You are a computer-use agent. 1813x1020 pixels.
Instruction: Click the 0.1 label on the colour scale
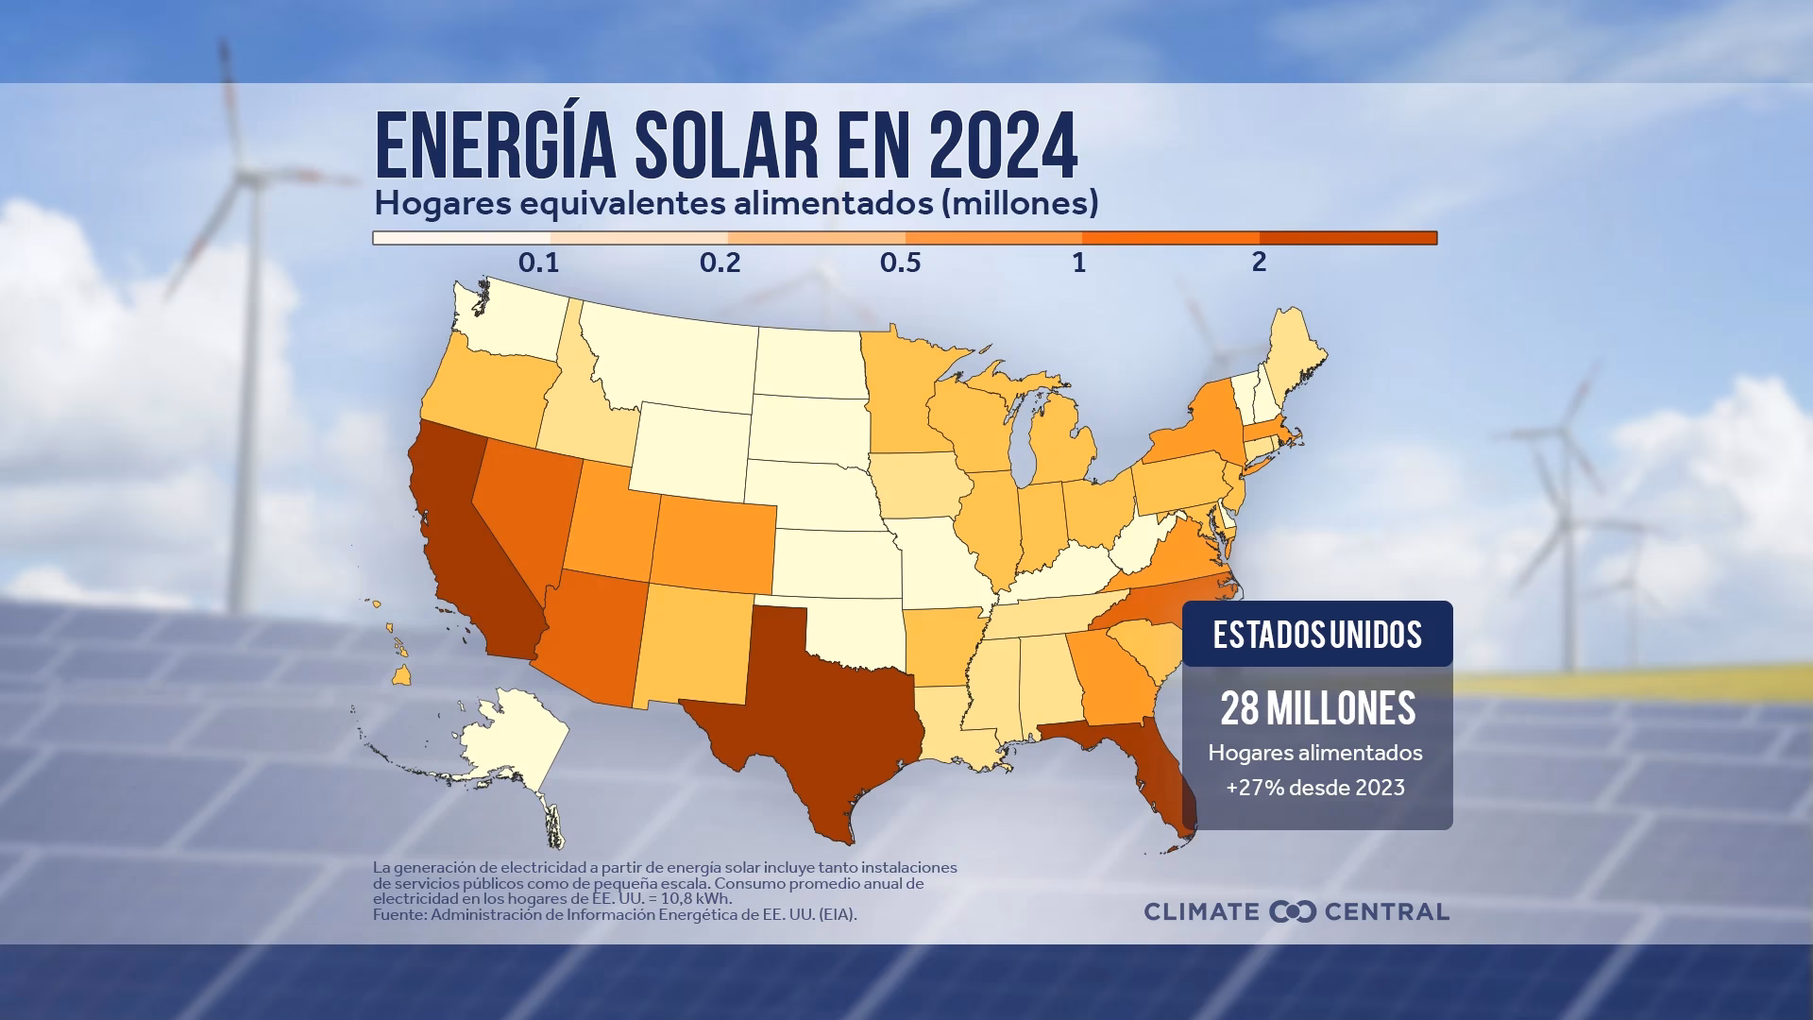(538, 263)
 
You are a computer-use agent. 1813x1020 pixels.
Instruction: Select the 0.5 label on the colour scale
(900, 263)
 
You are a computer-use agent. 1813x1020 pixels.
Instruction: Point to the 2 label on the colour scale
(1259, 263)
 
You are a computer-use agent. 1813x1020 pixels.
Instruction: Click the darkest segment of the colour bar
(1347, 238)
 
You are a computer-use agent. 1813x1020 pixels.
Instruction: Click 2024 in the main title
(1003, 146)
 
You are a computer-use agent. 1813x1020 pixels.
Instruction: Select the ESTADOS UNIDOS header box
(1317, 635)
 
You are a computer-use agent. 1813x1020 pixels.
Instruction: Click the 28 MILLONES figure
(1317, 708)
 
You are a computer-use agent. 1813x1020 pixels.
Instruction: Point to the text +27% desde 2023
(1315, 788)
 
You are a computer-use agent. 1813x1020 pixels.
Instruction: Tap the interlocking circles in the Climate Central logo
(1293, 911)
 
